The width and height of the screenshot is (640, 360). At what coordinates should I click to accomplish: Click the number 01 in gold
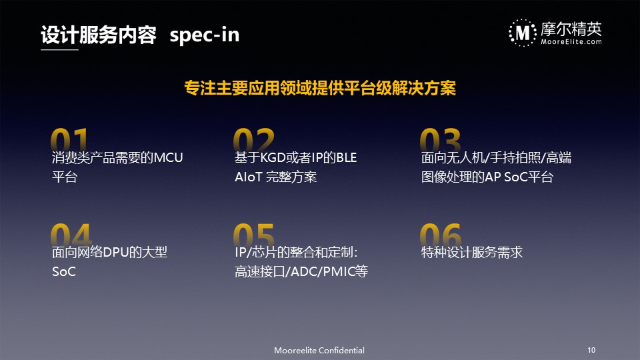[69, 139]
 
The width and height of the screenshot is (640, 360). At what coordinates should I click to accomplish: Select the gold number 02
[253, 139]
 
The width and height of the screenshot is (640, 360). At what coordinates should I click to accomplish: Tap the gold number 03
[441, 139]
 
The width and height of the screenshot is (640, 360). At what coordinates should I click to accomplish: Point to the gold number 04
[71, 234]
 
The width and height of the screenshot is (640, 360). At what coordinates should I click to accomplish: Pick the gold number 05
[253, 234]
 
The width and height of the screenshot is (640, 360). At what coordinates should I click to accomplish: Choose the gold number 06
[441, 234]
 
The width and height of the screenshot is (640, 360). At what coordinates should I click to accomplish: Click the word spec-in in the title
[205, 35]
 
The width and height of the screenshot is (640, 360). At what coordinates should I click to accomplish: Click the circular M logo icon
[523, 33]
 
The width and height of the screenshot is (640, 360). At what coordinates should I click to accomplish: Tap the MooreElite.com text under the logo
[571, 41]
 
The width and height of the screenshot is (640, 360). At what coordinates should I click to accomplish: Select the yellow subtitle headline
[320, 88]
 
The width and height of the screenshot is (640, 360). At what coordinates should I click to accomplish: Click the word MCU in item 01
[168, 157]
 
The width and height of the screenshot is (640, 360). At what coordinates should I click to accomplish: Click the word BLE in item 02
[347, 157]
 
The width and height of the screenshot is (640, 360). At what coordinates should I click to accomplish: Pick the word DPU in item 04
[116, 252]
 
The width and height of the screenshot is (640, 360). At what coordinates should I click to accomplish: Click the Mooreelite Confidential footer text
[319, 350]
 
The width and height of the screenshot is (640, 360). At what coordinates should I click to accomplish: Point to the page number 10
[591, 350]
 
